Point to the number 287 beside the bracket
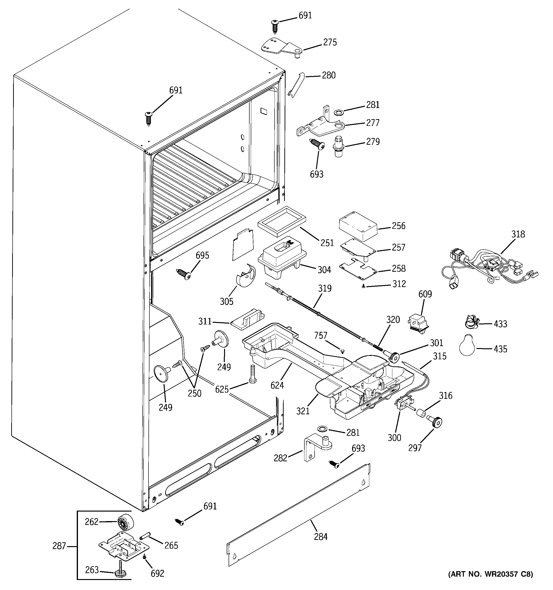59,546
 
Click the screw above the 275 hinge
275,26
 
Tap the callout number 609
425,294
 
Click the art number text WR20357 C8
490,582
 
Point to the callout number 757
321,335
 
